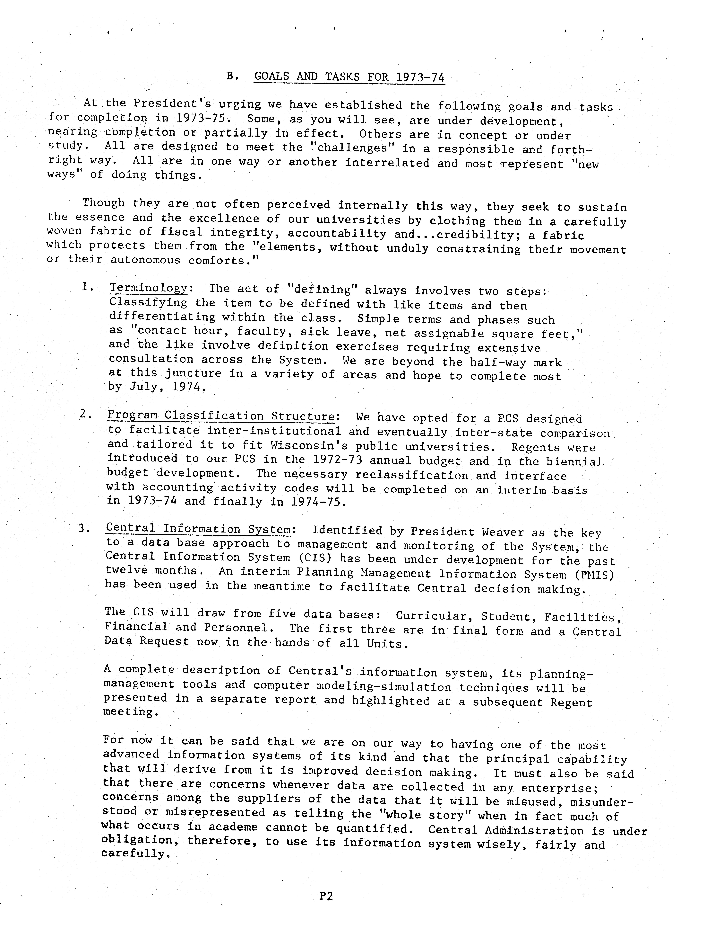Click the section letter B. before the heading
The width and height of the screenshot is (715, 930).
(x=232, y=76)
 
